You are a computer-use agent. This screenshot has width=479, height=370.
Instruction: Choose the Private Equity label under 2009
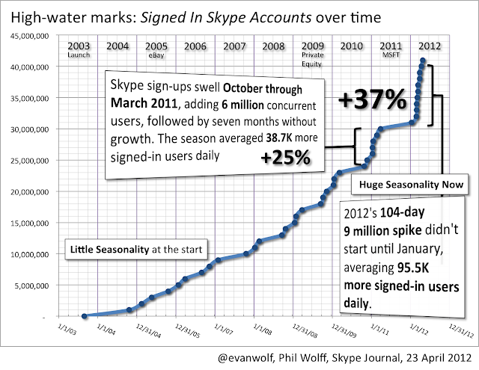point(313,58)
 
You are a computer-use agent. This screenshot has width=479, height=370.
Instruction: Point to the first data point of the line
point(84,315)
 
